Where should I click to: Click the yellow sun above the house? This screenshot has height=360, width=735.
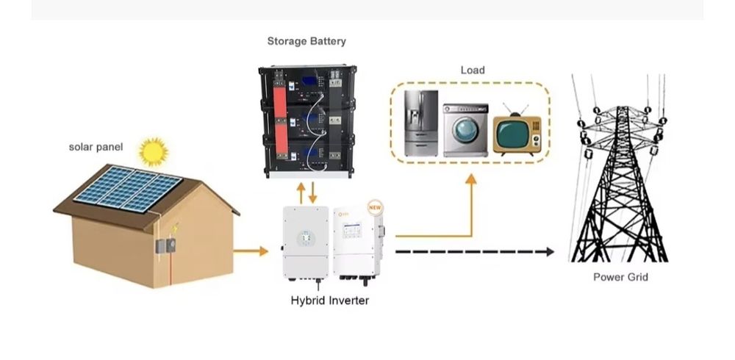tap(154, 151)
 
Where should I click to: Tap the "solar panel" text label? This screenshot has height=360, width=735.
tap(96, 147)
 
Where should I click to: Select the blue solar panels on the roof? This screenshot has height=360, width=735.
tap(129, 189)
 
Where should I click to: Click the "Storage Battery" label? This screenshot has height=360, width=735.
tap(306, 41)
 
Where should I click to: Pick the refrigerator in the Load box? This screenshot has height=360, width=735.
tap(420, 123)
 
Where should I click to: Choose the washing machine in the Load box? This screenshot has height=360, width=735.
tap(465, 130)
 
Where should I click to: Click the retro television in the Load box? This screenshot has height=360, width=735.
tap(516, 134)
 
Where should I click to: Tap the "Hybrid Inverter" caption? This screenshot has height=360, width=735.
tap(330, 300)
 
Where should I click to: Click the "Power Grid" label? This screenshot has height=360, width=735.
tap(620, 277)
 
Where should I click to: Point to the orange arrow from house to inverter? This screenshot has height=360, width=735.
tap(251, 251)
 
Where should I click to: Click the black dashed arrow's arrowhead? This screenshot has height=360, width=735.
tap(550, 252)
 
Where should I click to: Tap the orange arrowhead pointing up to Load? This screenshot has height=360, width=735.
tap(471, 179)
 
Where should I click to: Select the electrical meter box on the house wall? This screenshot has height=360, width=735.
tap(164, 246)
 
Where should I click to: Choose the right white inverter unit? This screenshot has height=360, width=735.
tap(357, 242)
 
